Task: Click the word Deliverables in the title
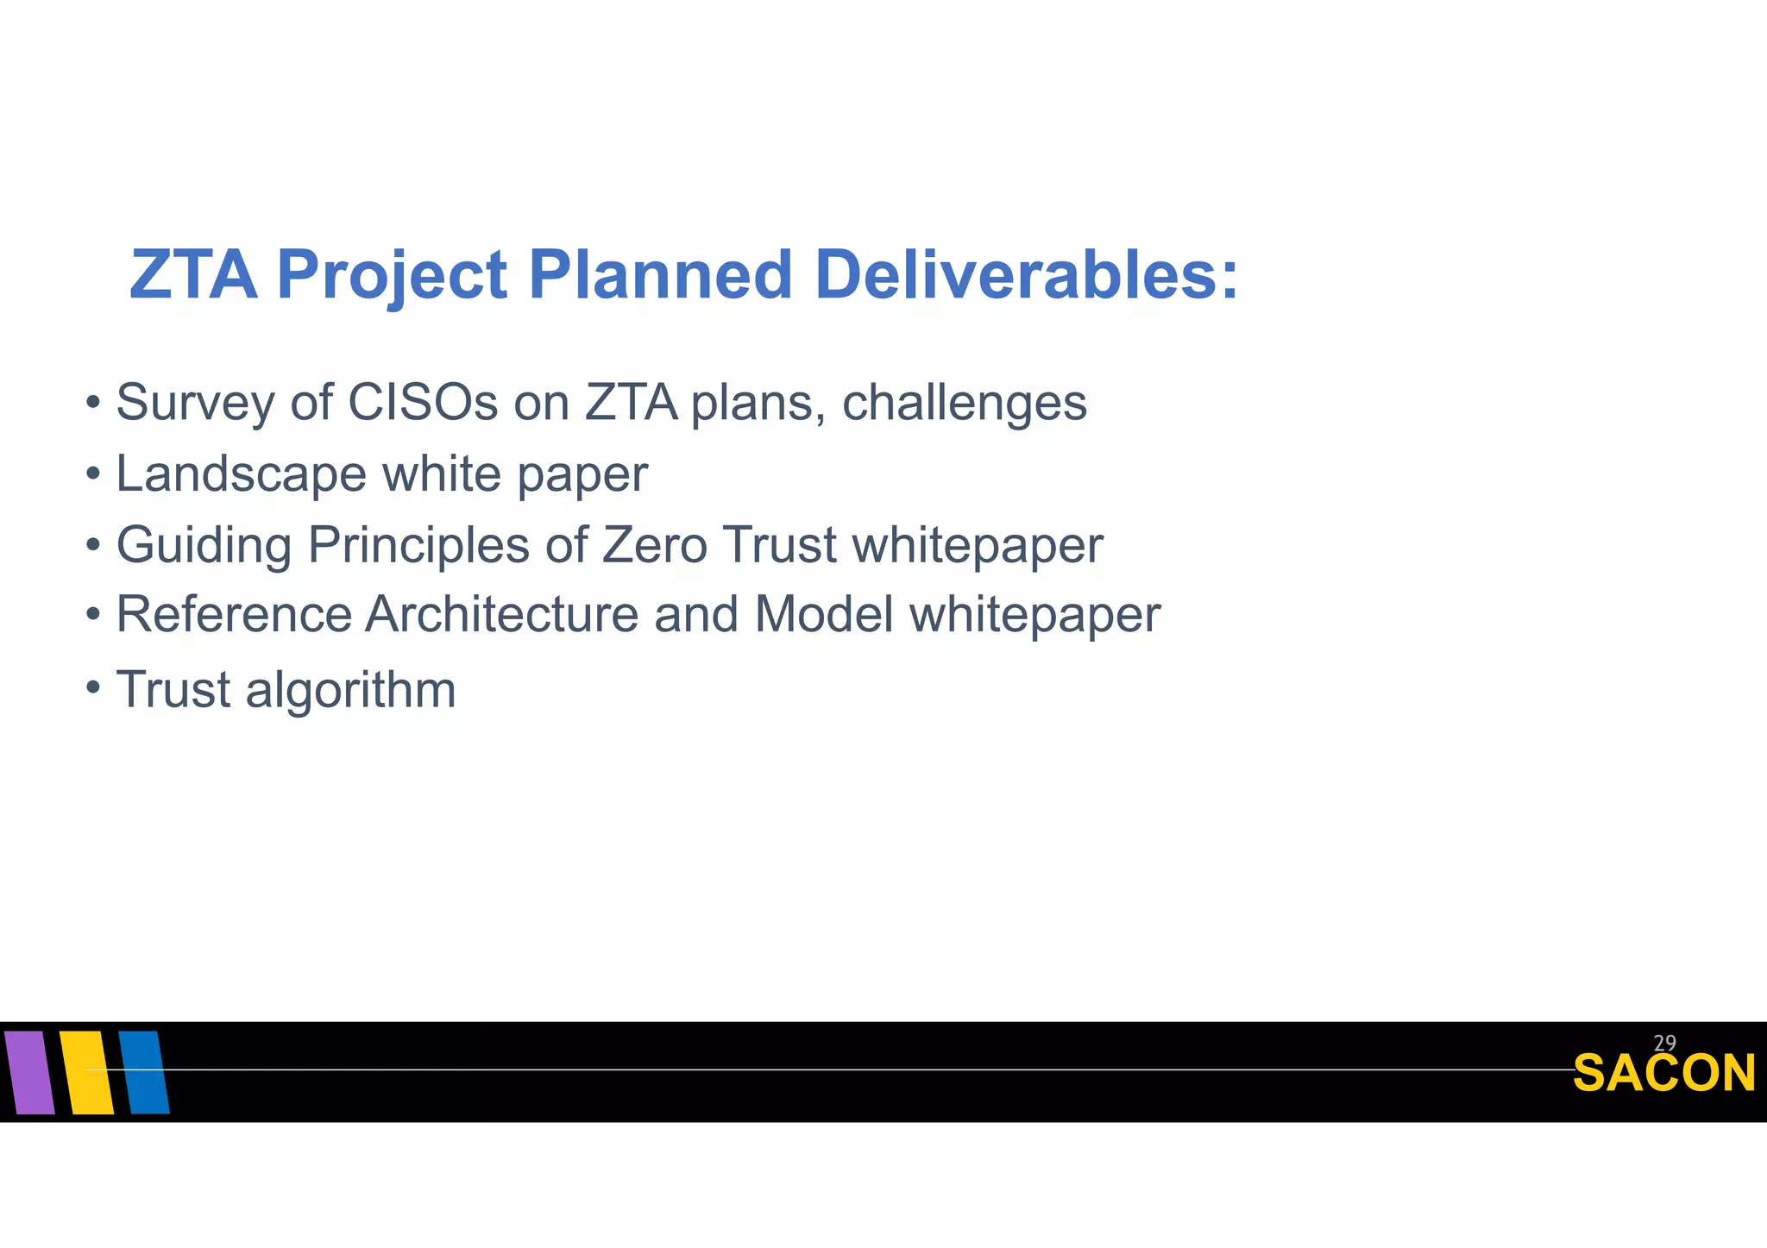tap(1026, 275)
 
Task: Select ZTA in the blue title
tap(193, 275)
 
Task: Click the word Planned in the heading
tap(660, 275)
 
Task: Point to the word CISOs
tap(423, 403)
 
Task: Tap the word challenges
tap(964, 403)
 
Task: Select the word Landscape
tap(242, 474)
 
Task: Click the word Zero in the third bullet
tap(655, 546)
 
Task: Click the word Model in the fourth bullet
tap(823, 615)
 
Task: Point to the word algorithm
tap(350, 691)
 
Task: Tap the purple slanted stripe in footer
tap(29, 1072)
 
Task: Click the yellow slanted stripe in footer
tap(87, 1072)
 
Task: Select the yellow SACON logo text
tap(1663, 1075)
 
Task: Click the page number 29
tap(1664, 1044)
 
